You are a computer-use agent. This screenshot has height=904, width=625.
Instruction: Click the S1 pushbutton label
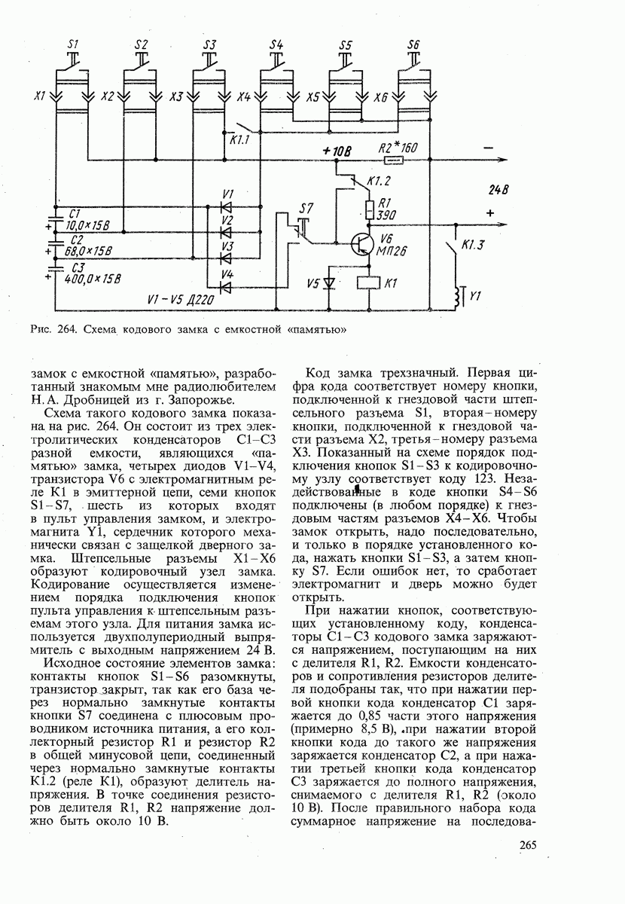pos(74,44)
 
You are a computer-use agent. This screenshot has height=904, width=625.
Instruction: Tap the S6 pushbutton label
pos(413,44)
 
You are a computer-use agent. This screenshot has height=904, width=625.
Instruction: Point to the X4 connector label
pos(243,97)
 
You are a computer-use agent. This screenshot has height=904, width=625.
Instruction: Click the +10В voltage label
pos(337,151)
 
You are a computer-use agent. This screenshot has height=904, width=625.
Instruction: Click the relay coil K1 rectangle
pos(369,284)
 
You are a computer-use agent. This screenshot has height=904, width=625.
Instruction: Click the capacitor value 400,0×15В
pos(93,279)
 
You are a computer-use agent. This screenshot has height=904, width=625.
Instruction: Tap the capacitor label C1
pos(73,214)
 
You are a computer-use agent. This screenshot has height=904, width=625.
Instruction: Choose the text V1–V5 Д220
pos(181,301)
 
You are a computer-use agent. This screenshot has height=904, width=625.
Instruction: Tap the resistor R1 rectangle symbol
pos(369,208)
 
